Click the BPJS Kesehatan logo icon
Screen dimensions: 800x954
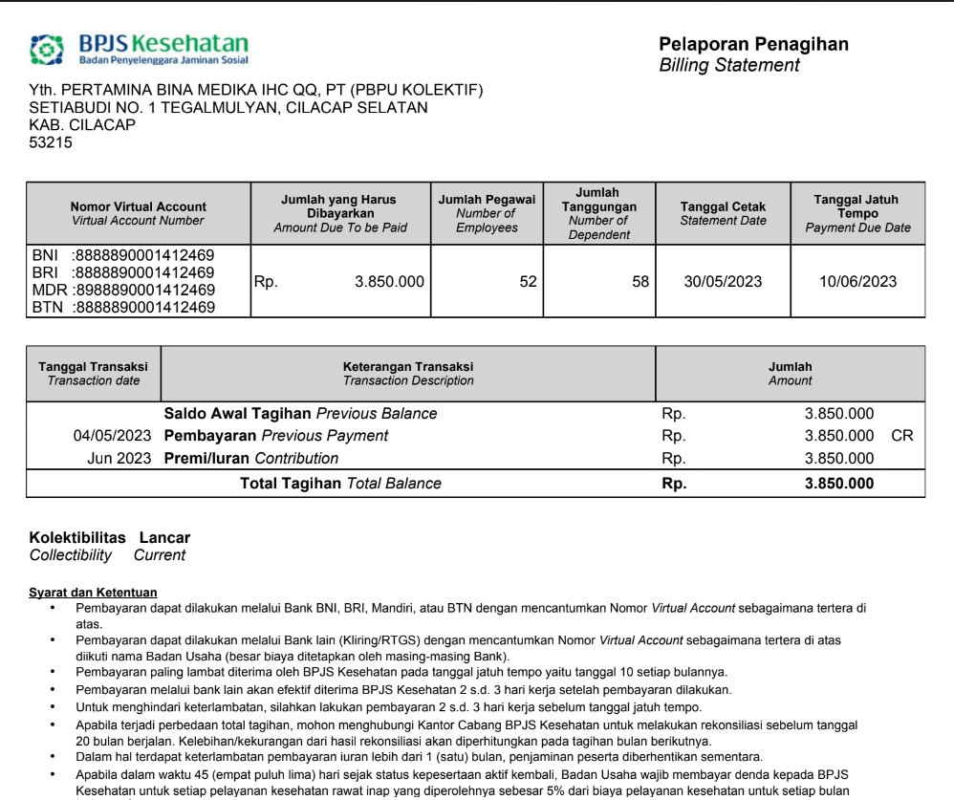(47, 50)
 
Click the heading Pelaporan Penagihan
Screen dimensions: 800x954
(753, 44)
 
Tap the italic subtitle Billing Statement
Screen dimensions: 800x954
(729, 65)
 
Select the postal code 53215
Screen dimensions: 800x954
(51, 143)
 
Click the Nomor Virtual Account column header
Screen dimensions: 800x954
(138, 213)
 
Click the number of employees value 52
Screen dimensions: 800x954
(528, 282)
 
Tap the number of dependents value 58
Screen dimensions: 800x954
(640, 282)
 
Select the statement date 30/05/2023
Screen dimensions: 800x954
(724, 282)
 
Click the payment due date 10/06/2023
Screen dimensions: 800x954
(857, 282)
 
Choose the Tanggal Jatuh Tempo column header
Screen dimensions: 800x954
(856, 213)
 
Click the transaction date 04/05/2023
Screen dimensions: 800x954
(112, 436)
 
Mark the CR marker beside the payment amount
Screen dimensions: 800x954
(901, 436)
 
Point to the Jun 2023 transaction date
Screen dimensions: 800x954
(119, 459)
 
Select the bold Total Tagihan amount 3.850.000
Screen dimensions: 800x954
(838, 484)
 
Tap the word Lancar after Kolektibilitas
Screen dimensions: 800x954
(164, 538)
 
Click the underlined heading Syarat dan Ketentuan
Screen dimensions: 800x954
(93, 593)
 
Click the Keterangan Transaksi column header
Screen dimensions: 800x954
(408, 373)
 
